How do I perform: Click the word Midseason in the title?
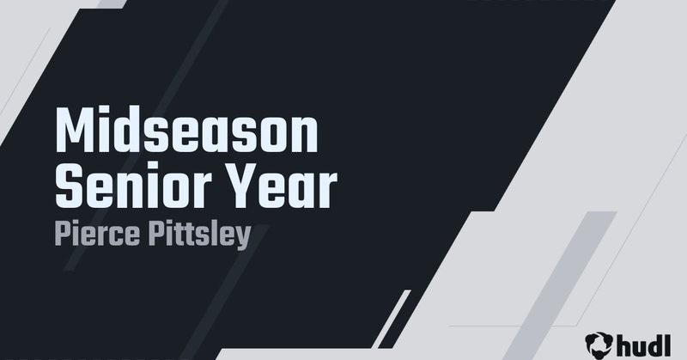(186, 134)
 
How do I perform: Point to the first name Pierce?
(94, 234)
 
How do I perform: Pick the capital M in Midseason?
(73, 134)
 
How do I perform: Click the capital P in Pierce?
(62, 233)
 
